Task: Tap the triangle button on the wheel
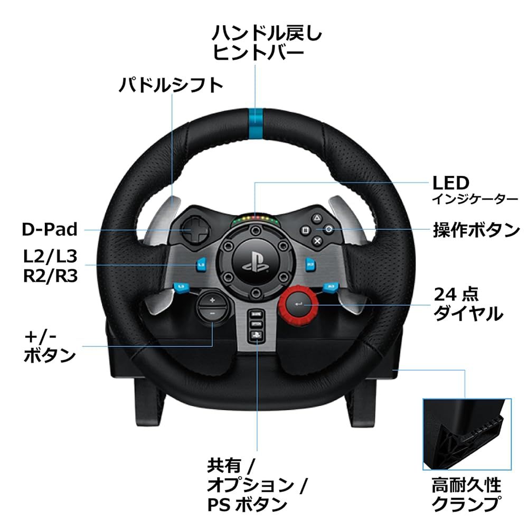[x=317, y=218]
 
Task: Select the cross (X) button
[x=317, y=241]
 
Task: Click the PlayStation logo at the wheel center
[x=256, y=262]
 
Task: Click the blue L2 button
[x=201, y=262]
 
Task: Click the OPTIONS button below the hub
[x=256, y=323]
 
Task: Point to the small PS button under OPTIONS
[x=256, y=334]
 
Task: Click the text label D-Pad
[x=50, y=230]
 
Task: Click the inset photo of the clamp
[x=467, y=434]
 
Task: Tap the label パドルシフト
[x=170, y=84]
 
